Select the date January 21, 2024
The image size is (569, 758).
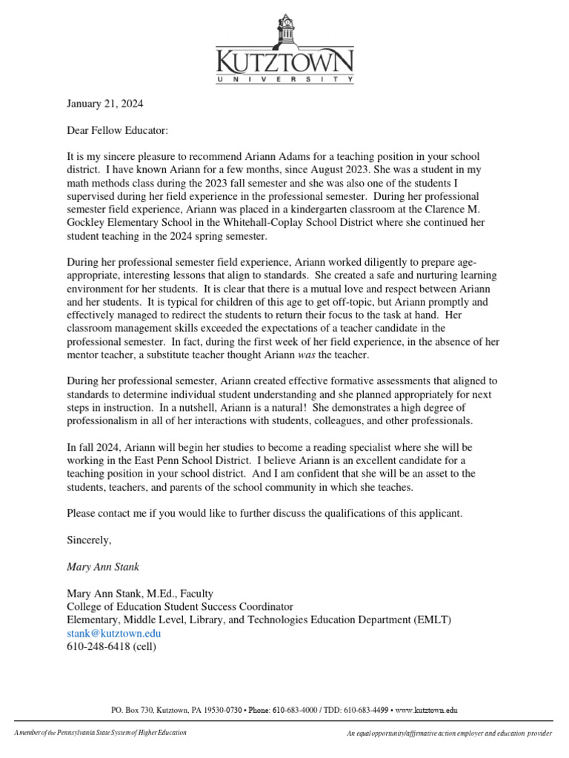[x=105, y=104]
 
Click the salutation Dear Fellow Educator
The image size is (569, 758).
[x=118, y=130]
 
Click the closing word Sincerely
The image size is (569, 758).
[x=89, y=540]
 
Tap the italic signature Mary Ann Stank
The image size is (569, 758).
[x=102, y=567]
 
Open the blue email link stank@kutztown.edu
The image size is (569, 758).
[x=113, y=633]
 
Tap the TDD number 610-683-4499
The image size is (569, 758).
[x=364, y=710]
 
